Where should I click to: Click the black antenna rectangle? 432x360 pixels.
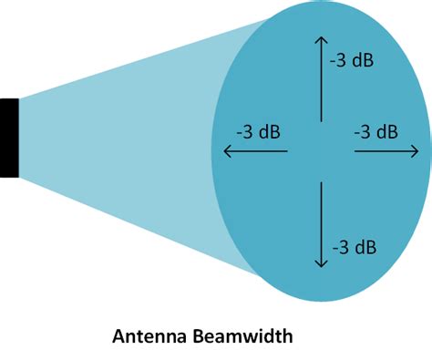pos(9,137)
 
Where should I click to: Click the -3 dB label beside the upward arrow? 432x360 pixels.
pos(352,60)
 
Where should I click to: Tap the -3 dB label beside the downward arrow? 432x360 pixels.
pos(355,246)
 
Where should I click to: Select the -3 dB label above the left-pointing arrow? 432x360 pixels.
pos(258,131)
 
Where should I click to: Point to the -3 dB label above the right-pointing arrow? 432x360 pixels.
pos(375,131)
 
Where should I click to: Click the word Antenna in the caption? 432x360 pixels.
pos(146,336)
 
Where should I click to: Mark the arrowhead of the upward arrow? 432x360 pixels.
pos(320,40)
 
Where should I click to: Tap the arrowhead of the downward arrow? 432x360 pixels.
pos(320,263)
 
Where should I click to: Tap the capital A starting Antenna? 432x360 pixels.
pos(118,336)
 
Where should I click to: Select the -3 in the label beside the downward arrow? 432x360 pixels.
pos(340,246)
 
